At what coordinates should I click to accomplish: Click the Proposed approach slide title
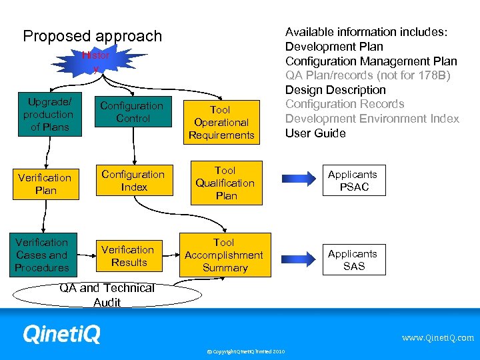click(x=92, y=36)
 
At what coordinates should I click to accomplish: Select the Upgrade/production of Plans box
click(x=49, y=115)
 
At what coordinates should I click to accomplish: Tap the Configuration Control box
click(x=133, y=112)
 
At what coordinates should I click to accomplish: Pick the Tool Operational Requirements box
click(x=221, y=122)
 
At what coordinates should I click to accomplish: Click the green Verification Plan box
click(x=45, y=184)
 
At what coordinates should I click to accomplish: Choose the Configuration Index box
click(x=133, y=181)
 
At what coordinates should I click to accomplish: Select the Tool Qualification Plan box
click(x=225, y=183)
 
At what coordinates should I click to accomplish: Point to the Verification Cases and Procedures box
click(x=42, y=255)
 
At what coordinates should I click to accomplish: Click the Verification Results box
click(x=128, y=256)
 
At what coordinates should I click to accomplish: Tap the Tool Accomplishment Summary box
click(x=224, y=255)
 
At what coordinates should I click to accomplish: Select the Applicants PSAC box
click(x=353, y=181)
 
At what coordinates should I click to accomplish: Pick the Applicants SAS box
click(x=353, y=259)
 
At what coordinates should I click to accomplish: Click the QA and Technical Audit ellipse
click(x=107, y=295)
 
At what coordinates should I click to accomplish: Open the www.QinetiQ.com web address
click(x=437, y=338)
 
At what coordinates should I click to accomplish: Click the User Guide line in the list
click(x=315, y=133)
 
